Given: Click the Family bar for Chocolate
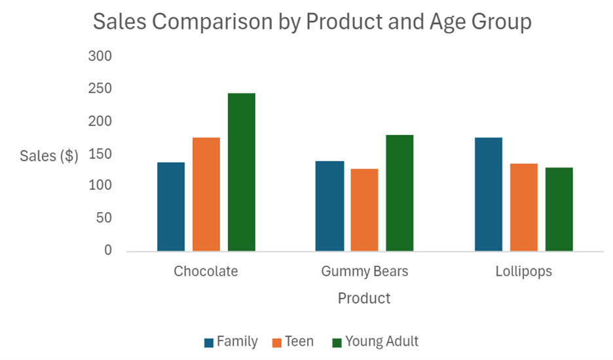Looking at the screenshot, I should (x=171, y=206).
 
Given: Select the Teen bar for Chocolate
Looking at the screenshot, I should (x=206, y=194).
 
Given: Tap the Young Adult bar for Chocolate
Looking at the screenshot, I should (x=242, y=172).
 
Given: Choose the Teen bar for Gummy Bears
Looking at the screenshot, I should (x=364, y=209).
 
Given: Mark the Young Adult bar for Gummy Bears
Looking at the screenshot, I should (x=399, y=192).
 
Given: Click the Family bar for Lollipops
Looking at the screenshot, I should (x=489, y=194).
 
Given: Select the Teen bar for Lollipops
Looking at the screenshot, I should (x=524, y=207).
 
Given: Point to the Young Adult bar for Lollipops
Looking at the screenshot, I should (x=559, y=209).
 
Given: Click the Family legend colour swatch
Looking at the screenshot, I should (x=209, y=342).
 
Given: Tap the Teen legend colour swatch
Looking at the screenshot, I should (x=276, y=342).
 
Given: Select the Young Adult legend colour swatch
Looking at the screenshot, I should (x=337, y=342).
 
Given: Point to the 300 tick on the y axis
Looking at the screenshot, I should (x=100, y=57).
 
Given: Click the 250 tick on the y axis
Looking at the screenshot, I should (x=100, y=89).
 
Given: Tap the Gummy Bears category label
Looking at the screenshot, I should (x=364, y=271).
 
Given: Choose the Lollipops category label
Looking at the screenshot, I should (x=523, y=271).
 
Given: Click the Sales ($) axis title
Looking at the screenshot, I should (x=49, y=156).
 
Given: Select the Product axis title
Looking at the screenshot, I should (x=364, y=298).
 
